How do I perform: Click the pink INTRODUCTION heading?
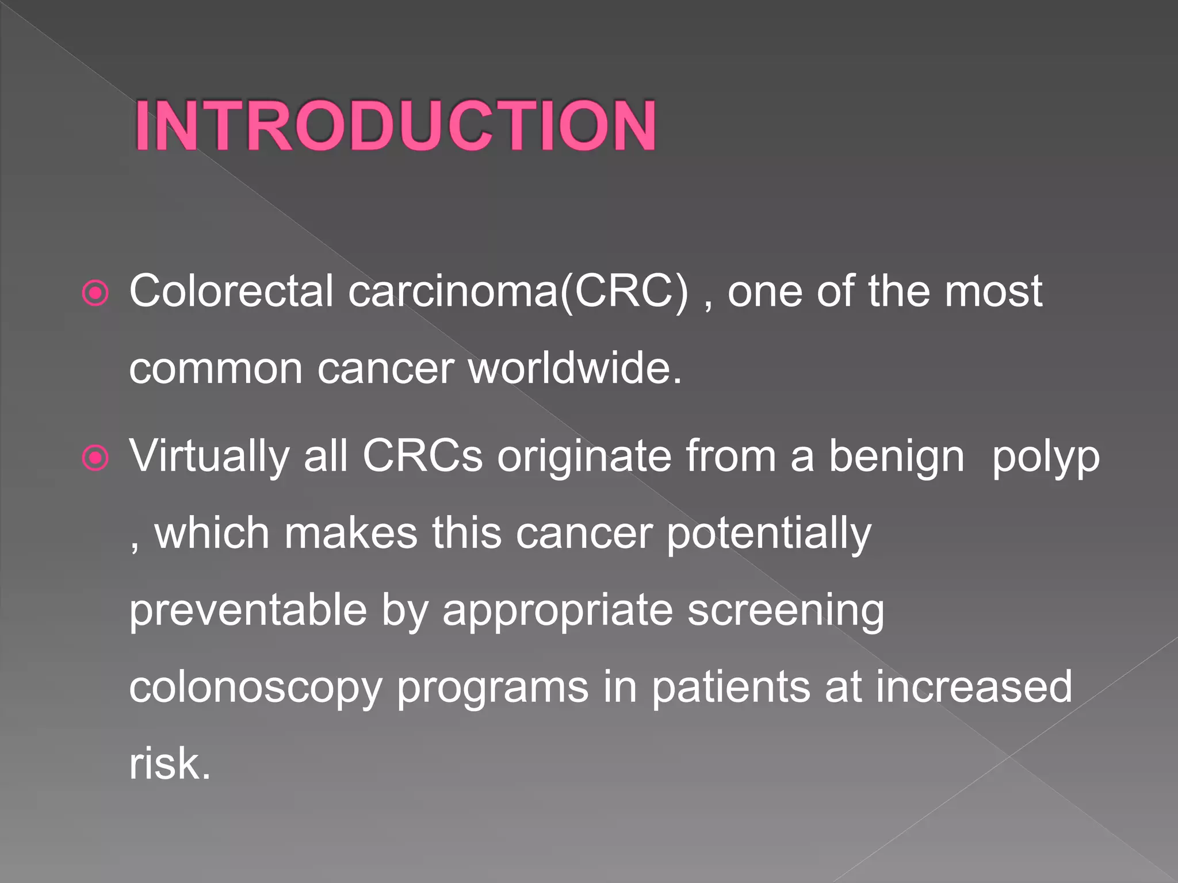pyautogui.click(x=396, y=125)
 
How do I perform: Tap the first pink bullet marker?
pyautogui.click(x=95, y=294)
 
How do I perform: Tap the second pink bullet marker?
pyautogui.click(x=95, y=458)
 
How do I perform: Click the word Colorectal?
pyautogui.click(x=231, y=291)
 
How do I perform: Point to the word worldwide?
pyautogui.click(x=575, y=368)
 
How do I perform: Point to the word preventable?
pyautogui.click(x=248, y=611)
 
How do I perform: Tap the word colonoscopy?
pyautogui.click(x=255, y=688)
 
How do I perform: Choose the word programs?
pyautogui.click(x=493, y=688)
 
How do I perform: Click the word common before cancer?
pyautogui.click(x=216, y=368)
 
